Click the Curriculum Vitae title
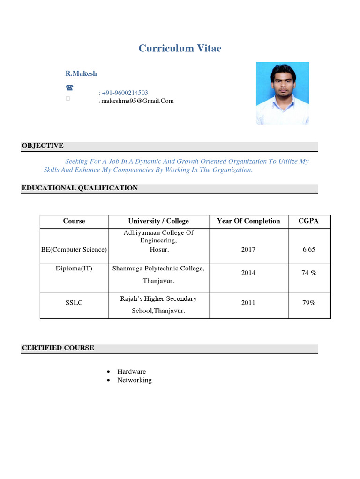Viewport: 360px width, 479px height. [180, 49]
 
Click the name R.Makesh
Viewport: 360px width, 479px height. [81, 73]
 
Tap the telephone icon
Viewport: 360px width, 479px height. [69, 87]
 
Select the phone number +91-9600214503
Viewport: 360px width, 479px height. [125, 93]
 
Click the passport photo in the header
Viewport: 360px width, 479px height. [282, 93]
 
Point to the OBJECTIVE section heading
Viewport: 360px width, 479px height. [43, 146]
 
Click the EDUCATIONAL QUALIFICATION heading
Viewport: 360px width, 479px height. [80, 188]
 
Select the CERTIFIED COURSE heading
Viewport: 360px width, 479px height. [58, 348]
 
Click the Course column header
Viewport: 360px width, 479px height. [74, 221]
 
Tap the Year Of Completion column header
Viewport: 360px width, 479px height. [248, 221]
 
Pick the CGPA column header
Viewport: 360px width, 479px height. [308, 221]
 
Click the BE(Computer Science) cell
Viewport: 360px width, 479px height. [74, 250]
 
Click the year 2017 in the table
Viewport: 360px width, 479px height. [248, 250]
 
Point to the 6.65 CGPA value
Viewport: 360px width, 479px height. [309, 250]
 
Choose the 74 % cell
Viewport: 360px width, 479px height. [309, 273]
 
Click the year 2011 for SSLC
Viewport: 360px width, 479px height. [248, 303]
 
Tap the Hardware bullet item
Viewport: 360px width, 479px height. [132, 371]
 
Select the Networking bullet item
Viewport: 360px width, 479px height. [135, 380]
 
